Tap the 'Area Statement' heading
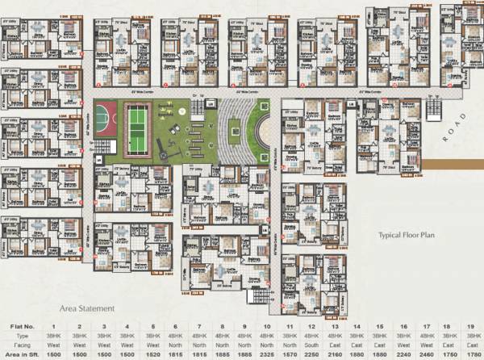pos(87,308)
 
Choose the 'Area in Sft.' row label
pos(26,353)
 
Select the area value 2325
pos(266,353)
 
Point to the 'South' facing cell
pos(311,343)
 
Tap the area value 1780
pos(469,353)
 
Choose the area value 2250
pos(311,353)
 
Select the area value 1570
pos(289,353)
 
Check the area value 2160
pos(334,353)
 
